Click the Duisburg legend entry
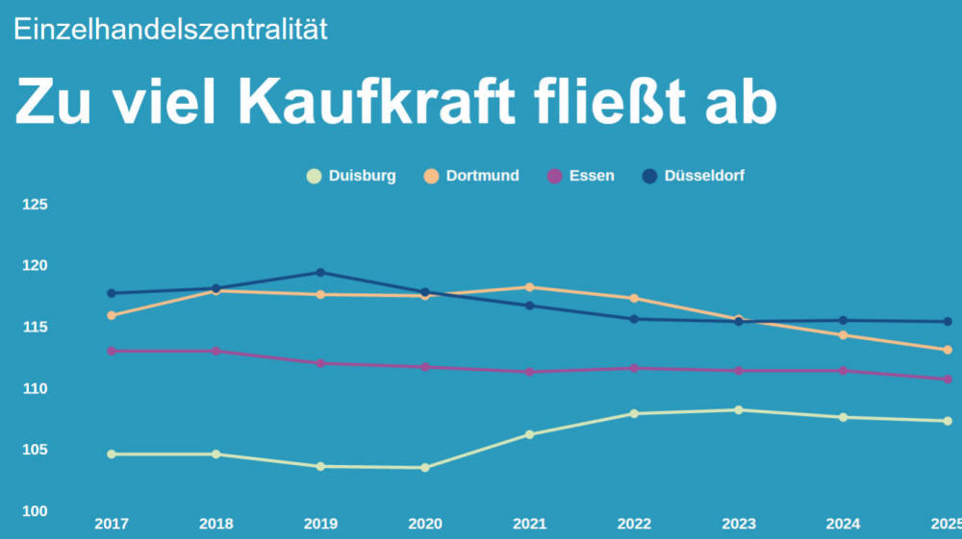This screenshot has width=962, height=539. [352, 176]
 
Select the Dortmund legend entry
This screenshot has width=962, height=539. [472, 176]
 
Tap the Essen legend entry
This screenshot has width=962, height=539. [582, 176]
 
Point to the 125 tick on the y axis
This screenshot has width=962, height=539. [36, 205]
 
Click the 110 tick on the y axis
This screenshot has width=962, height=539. [36, 389]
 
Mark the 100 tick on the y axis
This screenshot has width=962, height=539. [36, 511]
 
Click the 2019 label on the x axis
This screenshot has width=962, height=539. [320, 524]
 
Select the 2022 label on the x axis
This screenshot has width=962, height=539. [633, 524]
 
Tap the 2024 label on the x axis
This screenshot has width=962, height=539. [843, 524]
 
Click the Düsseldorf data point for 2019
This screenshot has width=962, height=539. [320, 273]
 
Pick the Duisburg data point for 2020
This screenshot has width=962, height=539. [425, 468]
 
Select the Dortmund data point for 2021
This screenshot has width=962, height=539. [529, 287]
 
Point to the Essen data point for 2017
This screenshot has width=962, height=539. [112, 351]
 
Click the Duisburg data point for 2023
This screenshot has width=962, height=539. [739, 410]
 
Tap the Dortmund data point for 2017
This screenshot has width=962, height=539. [112, 315]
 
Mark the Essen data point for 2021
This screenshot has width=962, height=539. [529, 372]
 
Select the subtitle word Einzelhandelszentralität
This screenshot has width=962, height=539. [170, 29]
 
